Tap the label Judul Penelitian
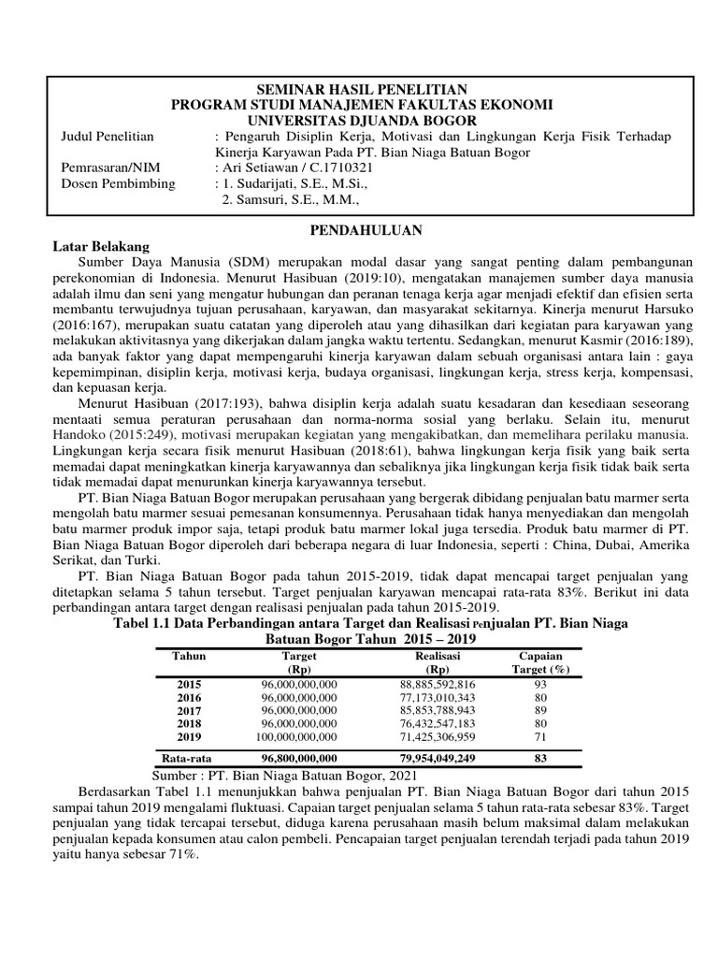tap(108, 137)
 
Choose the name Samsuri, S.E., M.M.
tap(292, 199)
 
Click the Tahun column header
tap(189, 657)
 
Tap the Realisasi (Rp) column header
tap(437, 663)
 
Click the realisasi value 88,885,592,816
tap(437, 686)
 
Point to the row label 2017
tap(189, 711)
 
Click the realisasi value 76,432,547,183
tap(437, 724)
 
